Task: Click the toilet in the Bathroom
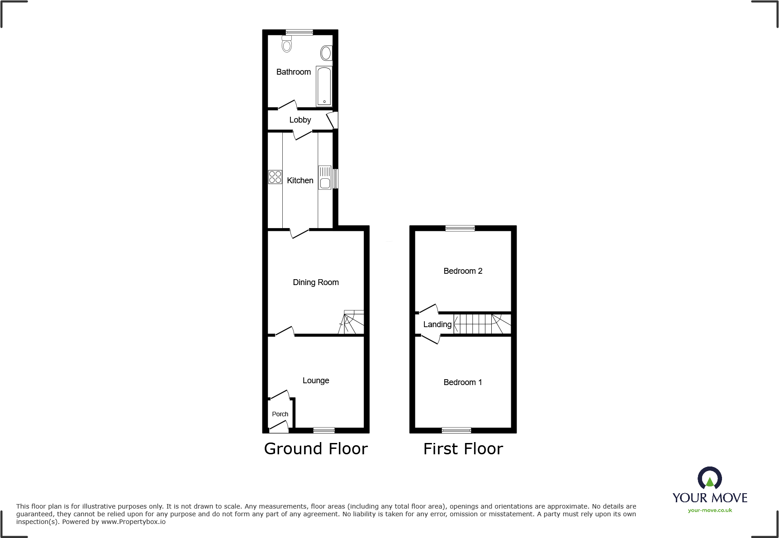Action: tap(286, 45)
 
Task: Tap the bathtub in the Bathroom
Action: tap(324, 86)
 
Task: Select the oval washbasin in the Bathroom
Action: tap(326, 53)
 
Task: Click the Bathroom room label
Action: tap(293, 72)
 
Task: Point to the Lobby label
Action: tap(300, 120)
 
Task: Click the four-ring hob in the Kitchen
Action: tap(275, 177)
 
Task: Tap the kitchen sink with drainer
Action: tap(325, 177)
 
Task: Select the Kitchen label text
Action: tap(300, 181)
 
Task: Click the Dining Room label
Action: tap(315, 282)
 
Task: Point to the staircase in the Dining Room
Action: tap(352, 323)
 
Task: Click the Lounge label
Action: tap(316, 381)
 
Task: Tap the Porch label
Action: tap(280, 414)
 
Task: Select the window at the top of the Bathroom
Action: tap(299, 32)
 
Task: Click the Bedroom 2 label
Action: tap(463, 271)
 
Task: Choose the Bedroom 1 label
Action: tap(462, 382)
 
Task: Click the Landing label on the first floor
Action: tap(437, 324)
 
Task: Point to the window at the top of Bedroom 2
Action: tap(460, 228)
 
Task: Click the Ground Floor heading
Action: tap(316, 449)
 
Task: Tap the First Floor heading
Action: tap(463, 449)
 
